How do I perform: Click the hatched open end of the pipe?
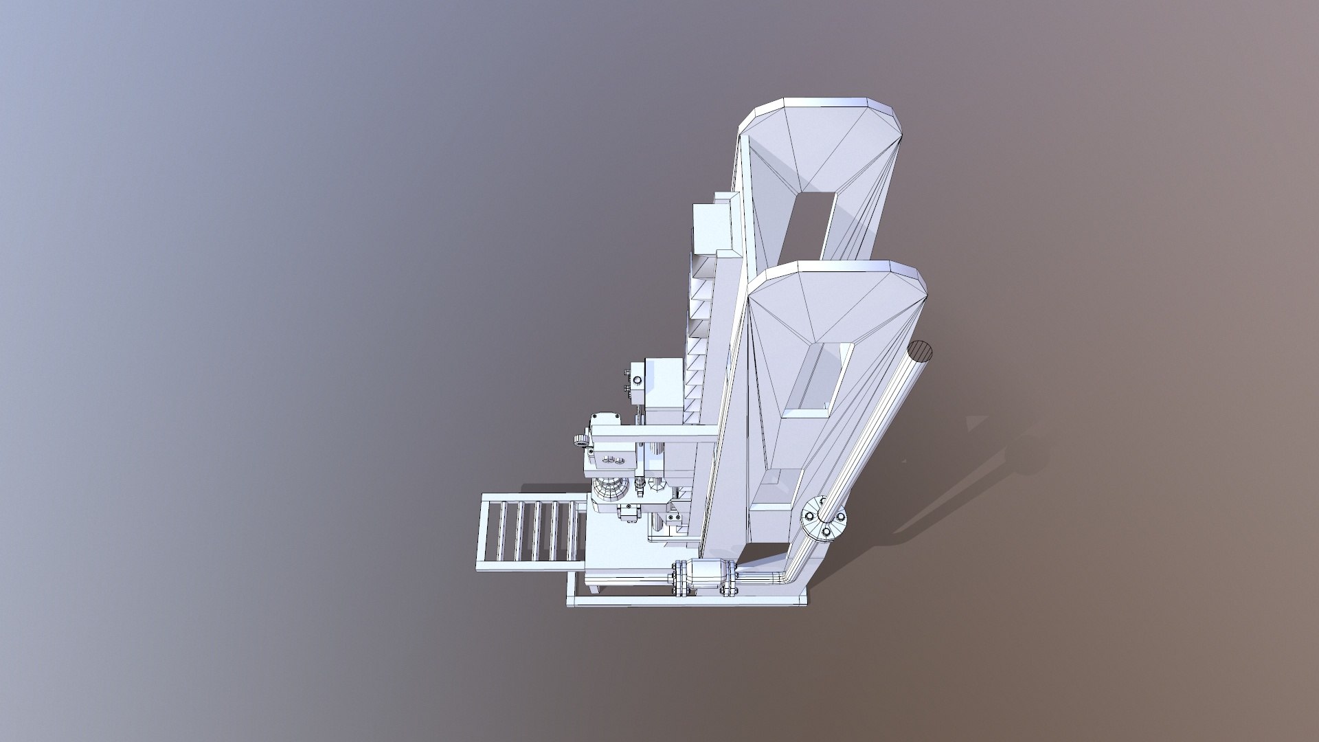pos(921,351)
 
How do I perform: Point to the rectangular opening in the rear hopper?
pos(811,227)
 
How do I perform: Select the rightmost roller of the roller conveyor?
pos(572,530)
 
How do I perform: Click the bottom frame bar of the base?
pos(687,600)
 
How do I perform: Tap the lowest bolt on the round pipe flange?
pos(826,531)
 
